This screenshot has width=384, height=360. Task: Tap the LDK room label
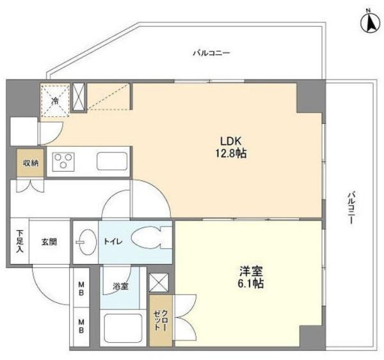(231, 142)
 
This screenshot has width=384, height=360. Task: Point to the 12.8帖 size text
(230, 154)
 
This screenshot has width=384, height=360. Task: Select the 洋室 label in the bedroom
(251, 271)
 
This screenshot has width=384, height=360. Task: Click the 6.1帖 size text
(250, 283)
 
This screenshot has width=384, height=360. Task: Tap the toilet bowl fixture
(151, 238)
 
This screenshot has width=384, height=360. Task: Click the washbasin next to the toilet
(86, 242)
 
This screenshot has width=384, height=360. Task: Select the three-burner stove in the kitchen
(63, 161)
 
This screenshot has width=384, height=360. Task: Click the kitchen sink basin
(112, 161)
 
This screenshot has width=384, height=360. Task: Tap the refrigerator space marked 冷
(55, 100)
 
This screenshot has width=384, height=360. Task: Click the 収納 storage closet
(30, 163)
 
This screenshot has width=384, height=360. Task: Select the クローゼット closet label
(161, 320)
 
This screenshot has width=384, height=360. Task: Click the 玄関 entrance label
(49, 242)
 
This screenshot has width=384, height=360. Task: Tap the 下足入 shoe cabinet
(20, 241)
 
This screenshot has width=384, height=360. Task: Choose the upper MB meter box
(79, 287)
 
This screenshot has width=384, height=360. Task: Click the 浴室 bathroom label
(120, 286)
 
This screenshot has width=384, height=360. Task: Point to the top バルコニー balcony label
(212, 53)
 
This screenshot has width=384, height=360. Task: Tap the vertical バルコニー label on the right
(351, 208)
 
